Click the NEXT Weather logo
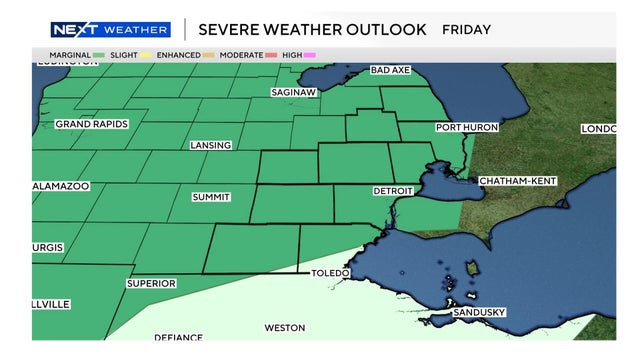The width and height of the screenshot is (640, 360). click(110, 29)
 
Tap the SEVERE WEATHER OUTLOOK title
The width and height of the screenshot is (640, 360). click(312, 29)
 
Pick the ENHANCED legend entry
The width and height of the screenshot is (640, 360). click(185, 54)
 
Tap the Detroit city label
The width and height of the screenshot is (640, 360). click(392, 190)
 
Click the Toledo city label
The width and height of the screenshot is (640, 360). click(330, 273)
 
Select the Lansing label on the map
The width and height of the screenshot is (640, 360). click(210, 145)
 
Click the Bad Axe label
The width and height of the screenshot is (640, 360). click(391, 70)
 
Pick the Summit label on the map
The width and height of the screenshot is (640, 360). click(211, 197)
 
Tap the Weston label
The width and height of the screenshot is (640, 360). click(284, 327)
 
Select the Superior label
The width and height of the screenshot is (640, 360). click(151, 283)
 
